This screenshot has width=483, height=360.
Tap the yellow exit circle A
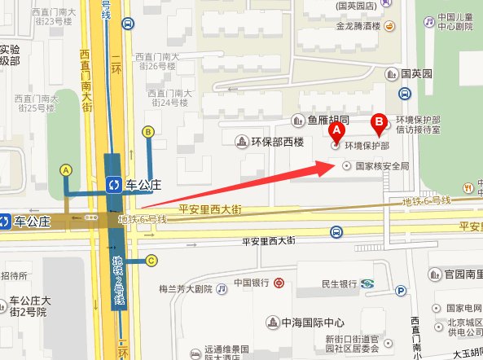click(67, 169)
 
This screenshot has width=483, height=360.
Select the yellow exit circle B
click(148, 131)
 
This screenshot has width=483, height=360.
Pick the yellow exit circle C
click(151, 261)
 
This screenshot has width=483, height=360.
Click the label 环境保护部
click(367, 147)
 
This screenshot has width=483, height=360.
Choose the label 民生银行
click(339, 283)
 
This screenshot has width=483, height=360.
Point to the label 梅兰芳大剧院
click(185, 288)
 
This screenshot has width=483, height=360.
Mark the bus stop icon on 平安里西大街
click(336, 234)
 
